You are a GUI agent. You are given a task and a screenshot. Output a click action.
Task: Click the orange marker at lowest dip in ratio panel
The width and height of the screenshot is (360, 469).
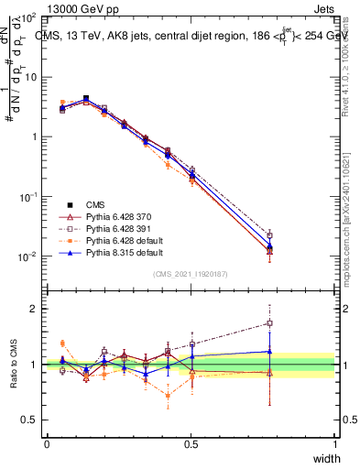[x=168, y=396]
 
